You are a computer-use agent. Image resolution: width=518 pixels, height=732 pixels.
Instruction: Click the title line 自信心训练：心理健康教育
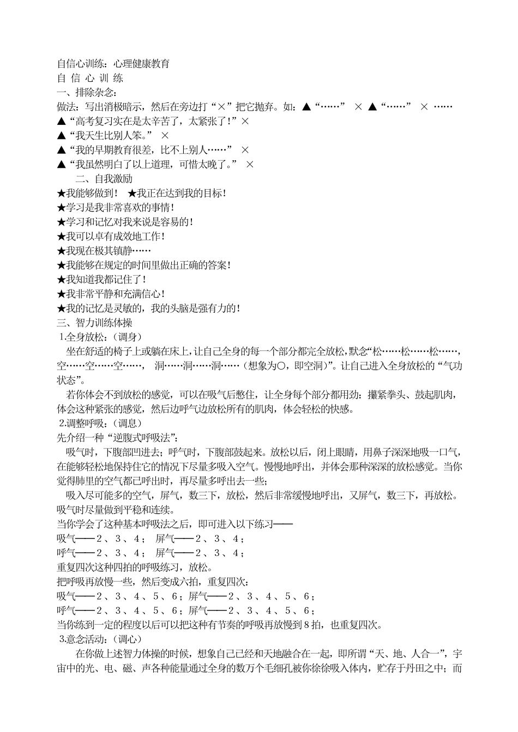click(113, 64)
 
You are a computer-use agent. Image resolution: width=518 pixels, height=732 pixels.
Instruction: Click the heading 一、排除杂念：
click(87, 93)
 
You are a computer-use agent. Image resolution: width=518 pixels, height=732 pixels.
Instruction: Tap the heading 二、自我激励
click(104, 179)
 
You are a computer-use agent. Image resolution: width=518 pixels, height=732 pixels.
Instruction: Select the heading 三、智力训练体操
click(94, 323)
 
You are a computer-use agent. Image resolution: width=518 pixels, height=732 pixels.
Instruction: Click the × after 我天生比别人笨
click(165, 135)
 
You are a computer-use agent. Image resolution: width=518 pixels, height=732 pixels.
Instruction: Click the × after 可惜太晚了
click(250, 164)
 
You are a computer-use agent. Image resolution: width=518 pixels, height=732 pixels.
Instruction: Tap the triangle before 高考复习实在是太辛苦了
click(61, 122)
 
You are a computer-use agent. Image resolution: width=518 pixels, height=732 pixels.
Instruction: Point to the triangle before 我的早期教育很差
click(61, 150)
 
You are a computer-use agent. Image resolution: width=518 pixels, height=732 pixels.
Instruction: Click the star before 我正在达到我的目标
click(132, 193)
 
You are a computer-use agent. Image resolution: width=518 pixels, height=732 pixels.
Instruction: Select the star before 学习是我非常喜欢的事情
click(61, 208)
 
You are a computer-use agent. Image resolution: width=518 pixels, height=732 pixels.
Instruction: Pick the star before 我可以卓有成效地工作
click(61, 237)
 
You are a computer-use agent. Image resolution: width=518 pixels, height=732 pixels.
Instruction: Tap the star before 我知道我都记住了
click(61, 280)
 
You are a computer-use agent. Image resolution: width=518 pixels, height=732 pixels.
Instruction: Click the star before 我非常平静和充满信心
click(61, 294)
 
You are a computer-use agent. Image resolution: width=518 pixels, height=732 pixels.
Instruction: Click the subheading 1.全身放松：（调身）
click(100, 337)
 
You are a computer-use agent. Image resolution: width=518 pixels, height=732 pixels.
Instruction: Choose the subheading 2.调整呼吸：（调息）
click(100, 423)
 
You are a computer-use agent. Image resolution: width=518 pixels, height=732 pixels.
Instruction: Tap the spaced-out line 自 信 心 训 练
click(90, 78)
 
